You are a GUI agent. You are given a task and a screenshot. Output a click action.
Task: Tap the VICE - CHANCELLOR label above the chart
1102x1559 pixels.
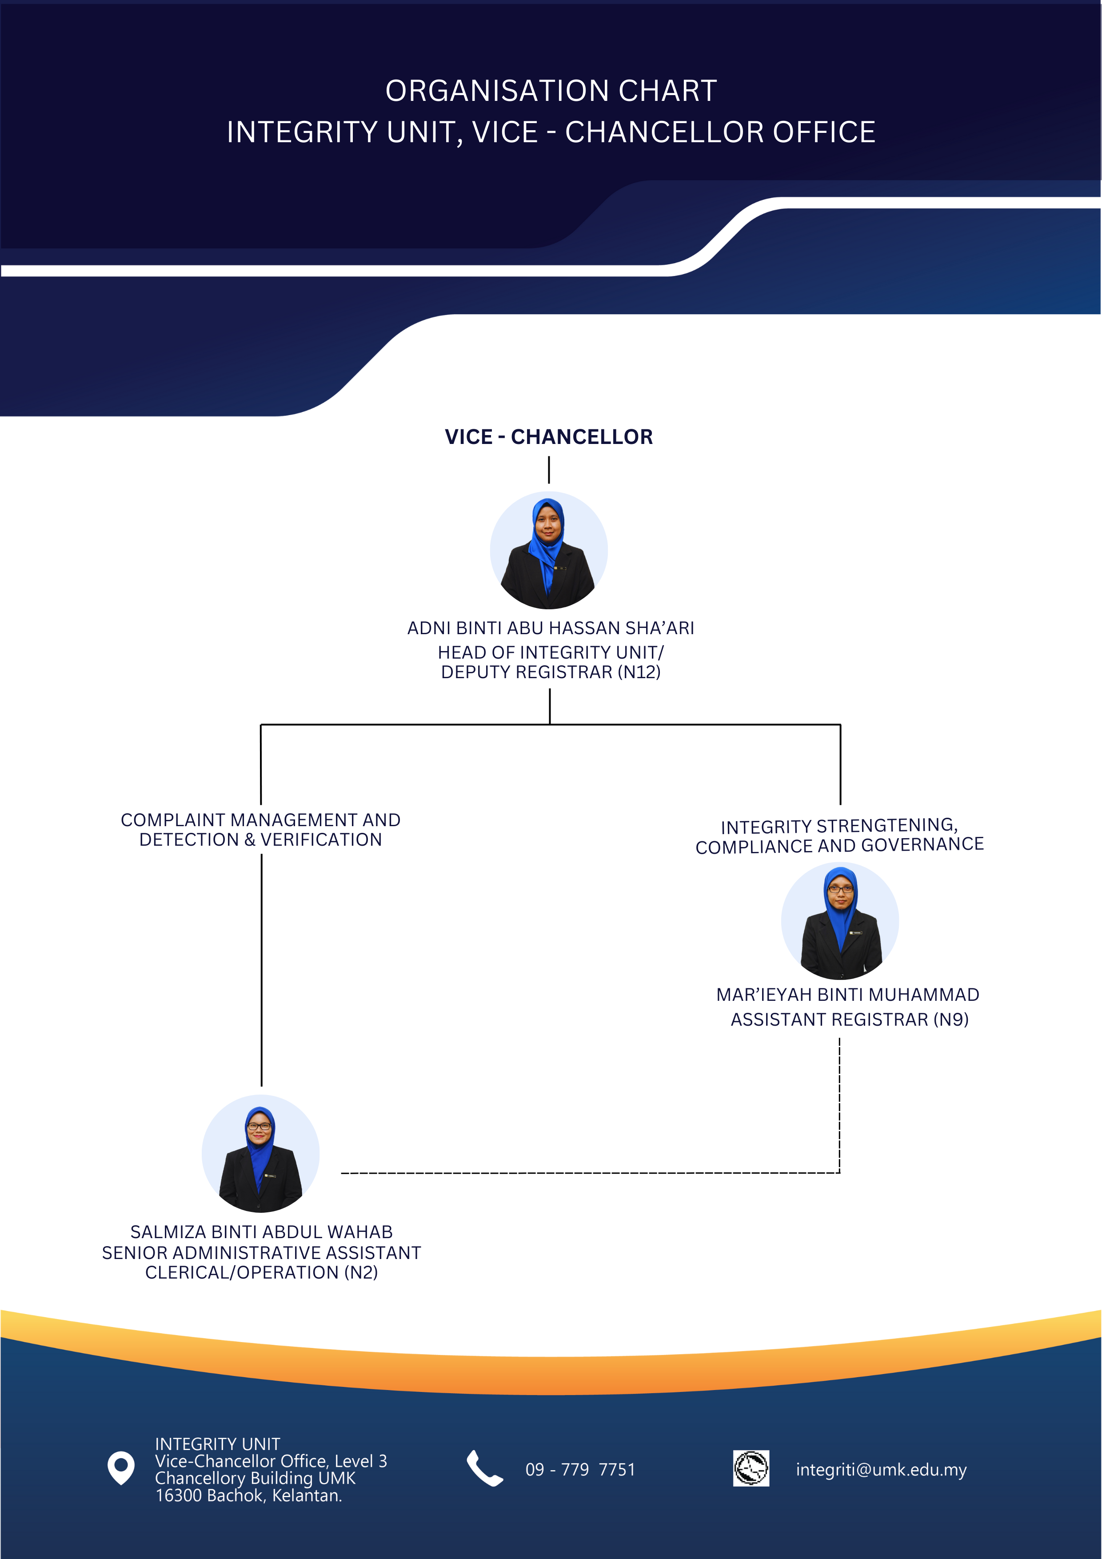(x=549, y=436)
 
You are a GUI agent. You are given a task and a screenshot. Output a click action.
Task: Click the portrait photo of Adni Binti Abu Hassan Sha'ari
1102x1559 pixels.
(x=549, y=550)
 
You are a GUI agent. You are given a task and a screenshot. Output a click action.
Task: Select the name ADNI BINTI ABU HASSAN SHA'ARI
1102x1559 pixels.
(x=551, y=628)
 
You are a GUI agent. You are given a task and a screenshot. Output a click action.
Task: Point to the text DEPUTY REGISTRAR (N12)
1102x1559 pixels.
(x=551, y=672)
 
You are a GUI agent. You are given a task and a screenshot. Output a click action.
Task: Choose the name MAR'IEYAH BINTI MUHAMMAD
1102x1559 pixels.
(x=847, y=995)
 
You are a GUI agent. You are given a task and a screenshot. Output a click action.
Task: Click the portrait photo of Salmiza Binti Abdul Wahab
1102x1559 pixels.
(x=261, y=1154)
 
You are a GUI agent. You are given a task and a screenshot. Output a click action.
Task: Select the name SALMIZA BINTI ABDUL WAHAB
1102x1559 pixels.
(x=261, y=1232)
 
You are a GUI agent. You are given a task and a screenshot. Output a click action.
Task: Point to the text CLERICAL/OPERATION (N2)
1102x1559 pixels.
(x=261, y=1272)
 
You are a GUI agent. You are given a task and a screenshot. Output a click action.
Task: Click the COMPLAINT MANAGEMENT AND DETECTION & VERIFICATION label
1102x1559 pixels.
(x=261, y=830)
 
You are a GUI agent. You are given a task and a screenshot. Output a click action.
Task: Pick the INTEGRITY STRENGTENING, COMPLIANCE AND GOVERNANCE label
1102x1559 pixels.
(x=839, y=836)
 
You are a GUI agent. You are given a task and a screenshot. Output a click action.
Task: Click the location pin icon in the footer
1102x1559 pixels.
(x=121, y=1468)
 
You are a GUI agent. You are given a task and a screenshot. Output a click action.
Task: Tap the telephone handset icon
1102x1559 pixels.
(x=484, y=1468)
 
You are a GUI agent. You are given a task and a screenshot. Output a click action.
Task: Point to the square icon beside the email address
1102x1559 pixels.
(x=751, y=1468)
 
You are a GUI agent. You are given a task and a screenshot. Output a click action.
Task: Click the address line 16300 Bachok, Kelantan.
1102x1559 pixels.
(x=248, y=1495)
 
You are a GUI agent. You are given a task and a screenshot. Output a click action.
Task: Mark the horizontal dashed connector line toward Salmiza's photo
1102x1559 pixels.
(x=591, y=1173)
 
